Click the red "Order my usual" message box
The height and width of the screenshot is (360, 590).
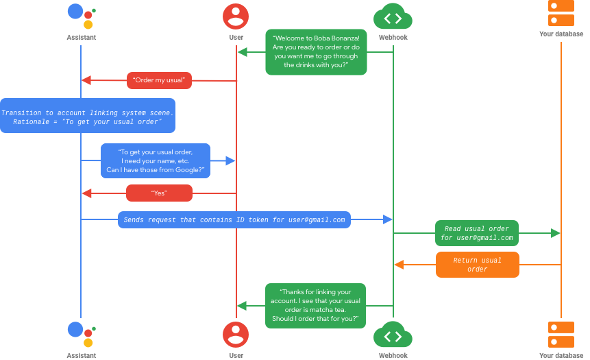coord(159,80)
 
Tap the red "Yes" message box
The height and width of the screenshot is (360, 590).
coord(159,193)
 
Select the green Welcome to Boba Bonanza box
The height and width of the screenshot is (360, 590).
coord(316,52)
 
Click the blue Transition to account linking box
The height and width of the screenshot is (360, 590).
coord(88,116)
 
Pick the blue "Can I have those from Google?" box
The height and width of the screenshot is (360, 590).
coord(156,161)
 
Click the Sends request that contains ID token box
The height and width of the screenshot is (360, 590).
coord(234,219)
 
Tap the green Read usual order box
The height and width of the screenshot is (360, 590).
coord(477,233)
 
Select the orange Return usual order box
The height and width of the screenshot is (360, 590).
coord(477,265)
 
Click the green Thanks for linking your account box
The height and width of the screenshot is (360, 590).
coord(316,306)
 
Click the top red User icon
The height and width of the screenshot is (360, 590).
coord(236,16)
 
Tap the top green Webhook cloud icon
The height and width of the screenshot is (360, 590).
coord(393,16)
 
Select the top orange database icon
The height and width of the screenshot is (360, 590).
coord(561,14)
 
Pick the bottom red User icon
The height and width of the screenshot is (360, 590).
coord(236,335)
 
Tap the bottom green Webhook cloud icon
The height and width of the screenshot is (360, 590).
coord(393,335)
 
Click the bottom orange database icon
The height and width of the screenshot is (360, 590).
coord(561,335)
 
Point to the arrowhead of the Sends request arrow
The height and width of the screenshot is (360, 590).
coord(388,219)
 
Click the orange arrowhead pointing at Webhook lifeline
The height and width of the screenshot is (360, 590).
coord(399,265)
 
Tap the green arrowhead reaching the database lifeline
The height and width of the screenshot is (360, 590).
coord(556,233)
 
